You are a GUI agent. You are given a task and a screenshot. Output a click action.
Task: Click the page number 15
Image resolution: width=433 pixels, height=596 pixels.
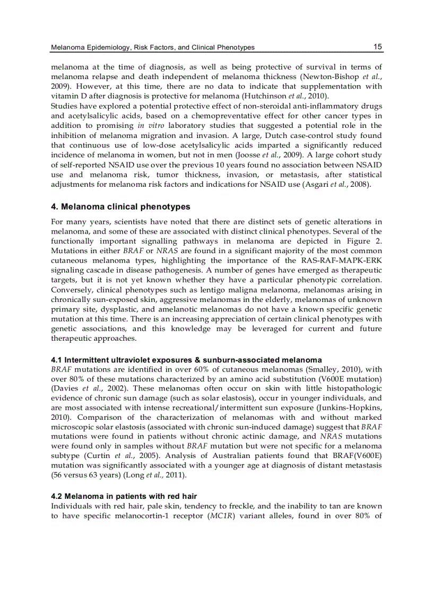tap(377, 47)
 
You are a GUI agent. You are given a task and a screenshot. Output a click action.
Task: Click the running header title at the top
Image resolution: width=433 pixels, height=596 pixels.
tap(152, 48)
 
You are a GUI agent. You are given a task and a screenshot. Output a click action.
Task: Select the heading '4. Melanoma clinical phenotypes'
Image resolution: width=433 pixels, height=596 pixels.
tap(120, 206)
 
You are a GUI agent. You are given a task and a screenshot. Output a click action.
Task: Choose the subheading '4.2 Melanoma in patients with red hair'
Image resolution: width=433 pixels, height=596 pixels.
tap(124, 496)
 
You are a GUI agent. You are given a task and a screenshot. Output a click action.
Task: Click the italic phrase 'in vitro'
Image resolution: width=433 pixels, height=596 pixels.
tap(149, 126)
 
